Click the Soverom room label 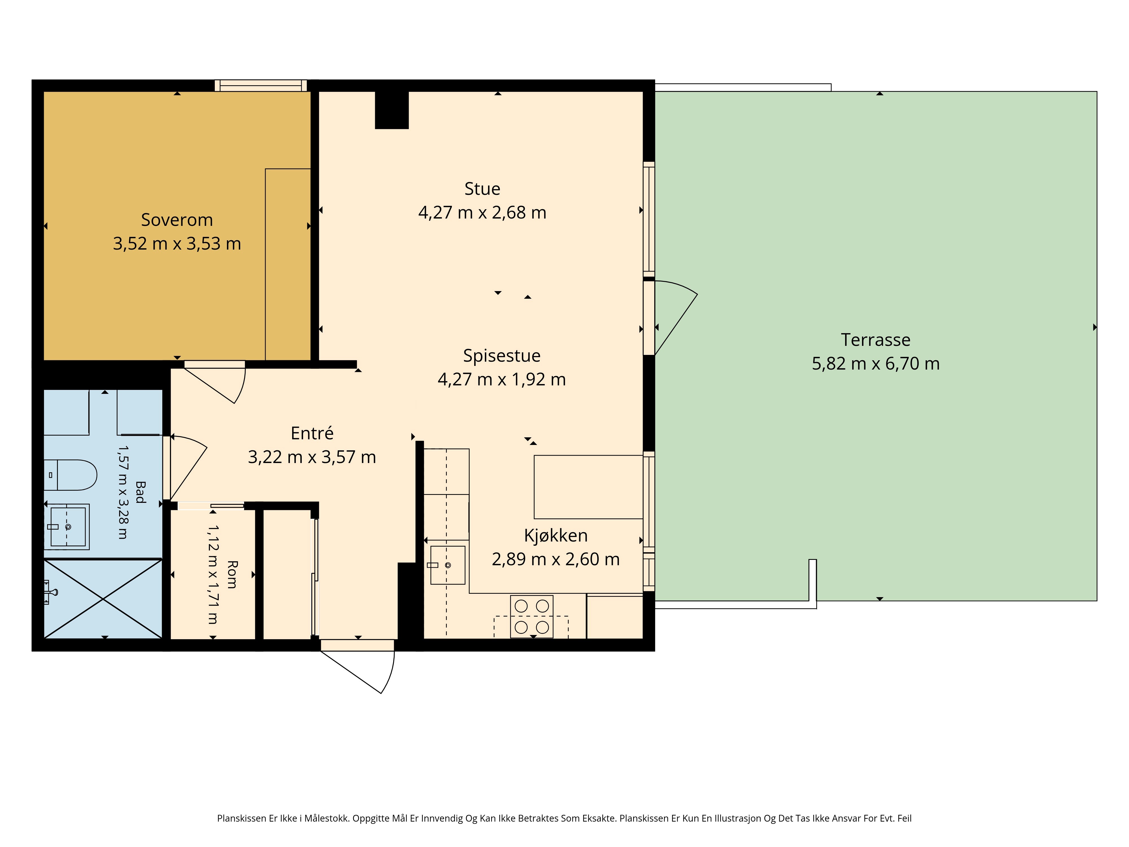(177, 220)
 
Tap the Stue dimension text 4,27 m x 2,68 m (482, 212)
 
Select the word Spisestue (502, 356)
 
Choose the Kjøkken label (556, 536)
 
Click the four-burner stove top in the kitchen (531, 617)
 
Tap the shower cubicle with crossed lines (103, 599)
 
